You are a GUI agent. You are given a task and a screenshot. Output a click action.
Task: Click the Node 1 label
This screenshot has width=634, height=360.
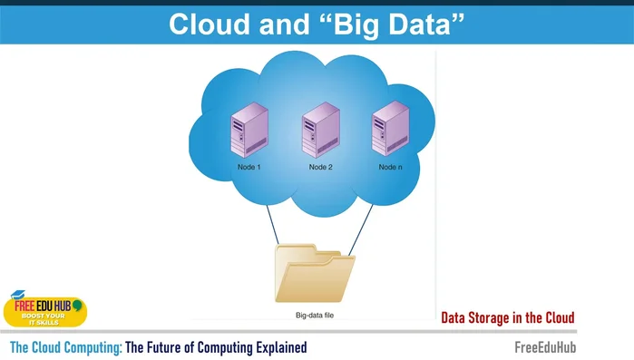(x=249, y=168)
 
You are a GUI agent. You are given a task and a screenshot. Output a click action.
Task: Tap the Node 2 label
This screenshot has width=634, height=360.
(x=321, y=168)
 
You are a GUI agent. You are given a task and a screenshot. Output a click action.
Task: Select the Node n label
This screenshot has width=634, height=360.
(x=391, y=168)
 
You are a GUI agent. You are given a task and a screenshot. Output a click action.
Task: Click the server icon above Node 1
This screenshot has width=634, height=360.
(x=249, y=132)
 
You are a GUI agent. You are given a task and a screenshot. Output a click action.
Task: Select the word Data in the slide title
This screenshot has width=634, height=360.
(x=422, y=24)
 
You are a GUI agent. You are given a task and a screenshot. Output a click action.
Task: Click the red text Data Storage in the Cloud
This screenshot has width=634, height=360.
(x=507, y=318)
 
